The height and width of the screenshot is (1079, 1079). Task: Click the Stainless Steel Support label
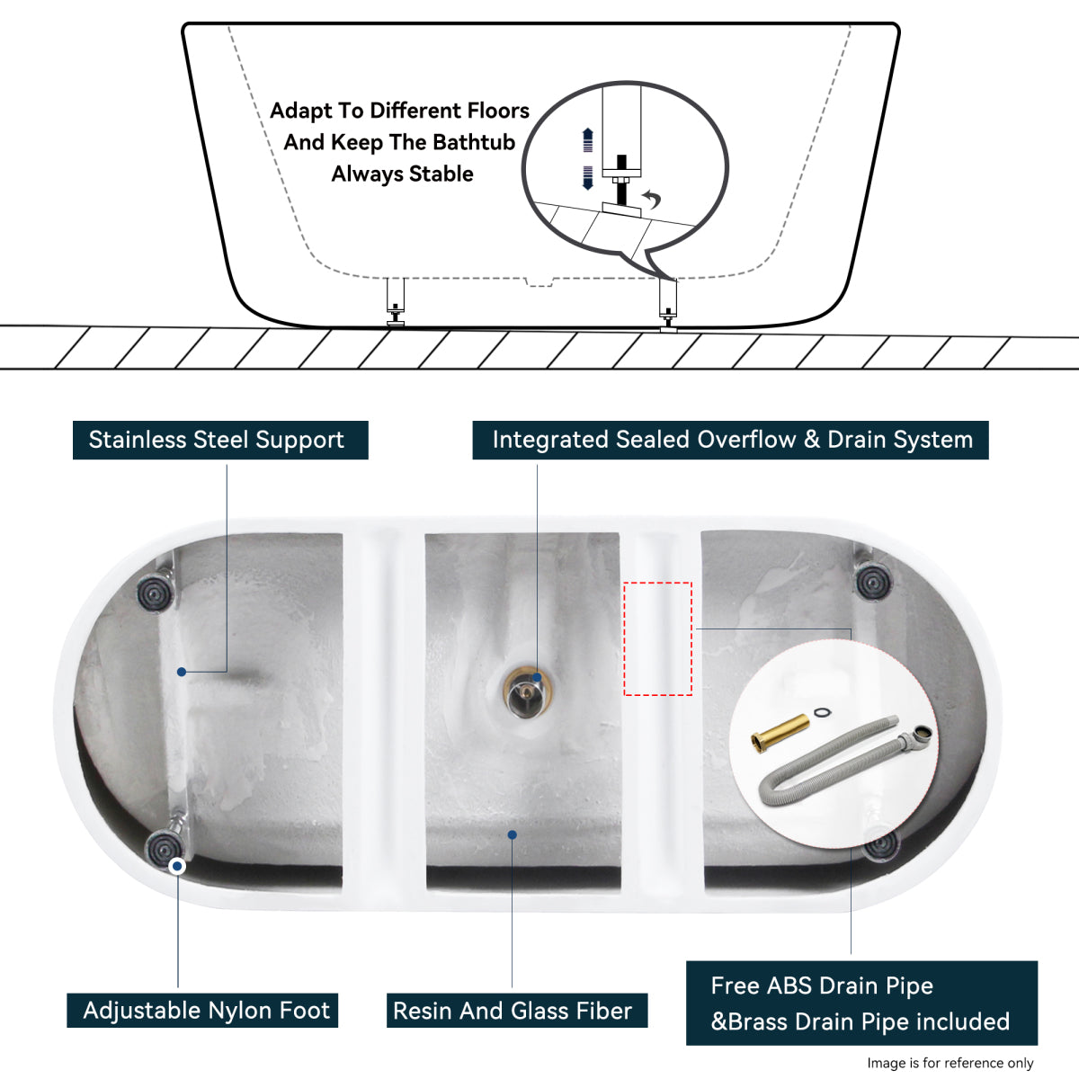tap(219, 440)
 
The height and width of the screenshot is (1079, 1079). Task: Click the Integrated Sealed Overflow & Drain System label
tap(730, 440)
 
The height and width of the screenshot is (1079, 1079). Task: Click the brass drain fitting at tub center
tap(526, 692)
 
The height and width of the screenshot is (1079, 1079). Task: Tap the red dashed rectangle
tap(658, 638)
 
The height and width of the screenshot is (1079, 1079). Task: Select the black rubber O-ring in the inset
tap(822, 713)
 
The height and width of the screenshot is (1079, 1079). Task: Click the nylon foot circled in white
tap(165, 847)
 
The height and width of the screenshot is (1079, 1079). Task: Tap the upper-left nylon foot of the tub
tap(155, 591)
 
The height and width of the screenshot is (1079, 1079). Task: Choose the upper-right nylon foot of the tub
tap(872, 581)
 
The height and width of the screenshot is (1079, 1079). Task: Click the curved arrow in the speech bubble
tap(651, 199)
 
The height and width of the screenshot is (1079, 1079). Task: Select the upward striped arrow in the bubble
tap(588, 140)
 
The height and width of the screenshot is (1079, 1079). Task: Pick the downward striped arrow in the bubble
tap(588, 177)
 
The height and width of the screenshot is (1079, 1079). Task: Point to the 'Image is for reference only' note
tap(950, 1063)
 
